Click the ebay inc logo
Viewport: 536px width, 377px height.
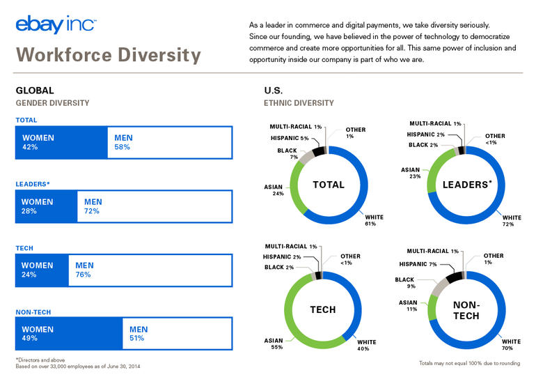[x=56, y=24]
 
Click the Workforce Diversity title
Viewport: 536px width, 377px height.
[x=109, y=55]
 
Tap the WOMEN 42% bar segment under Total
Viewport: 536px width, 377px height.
[x=61, y=143]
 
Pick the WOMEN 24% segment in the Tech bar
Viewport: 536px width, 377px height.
[x=42, y=270]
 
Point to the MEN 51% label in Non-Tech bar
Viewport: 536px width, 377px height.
[x=139, y=334]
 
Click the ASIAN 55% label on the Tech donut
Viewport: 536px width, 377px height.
[x=274, y=344]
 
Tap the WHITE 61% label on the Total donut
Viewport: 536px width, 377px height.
[x=374, y=220]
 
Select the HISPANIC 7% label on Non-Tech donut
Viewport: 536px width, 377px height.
[x=418, y=264]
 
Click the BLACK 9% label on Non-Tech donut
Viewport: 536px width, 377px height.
[x=404, y=283]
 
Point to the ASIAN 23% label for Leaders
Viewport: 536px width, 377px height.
[x=411, y=173]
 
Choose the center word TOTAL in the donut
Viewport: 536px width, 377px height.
[x=329, y=185]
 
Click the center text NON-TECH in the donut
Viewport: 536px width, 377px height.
[x=466, y=310]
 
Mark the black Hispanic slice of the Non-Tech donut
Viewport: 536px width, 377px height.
[x=454, y=277]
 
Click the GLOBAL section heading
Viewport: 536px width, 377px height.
[x=35, y=91]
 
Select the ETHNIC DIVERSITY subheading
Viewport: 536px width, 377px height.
[x=299, y=103]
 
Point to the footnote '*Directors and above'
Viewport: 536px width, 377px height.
[x=40, y=360]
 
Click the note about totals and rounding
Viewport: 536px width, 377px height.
[x=470, y=363]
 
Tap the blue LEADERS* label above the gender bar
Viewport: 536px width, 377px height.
[x=33, y=184]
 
